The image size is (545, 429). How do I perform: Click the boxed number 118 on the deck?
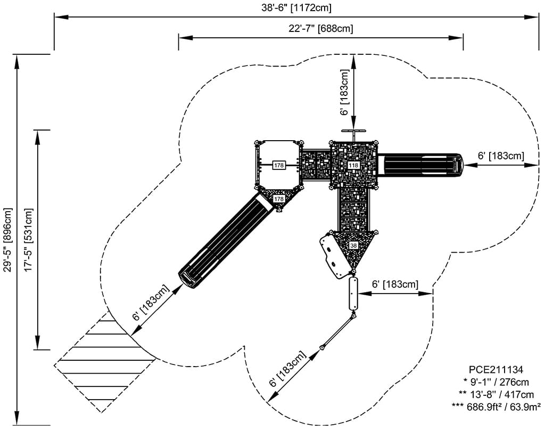(x=353, y=166)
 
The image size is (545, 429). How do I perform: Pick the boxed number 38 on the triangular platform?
(x=353, y=246)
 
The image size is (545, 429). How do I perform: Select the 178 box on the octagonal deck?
(x=279, y=165)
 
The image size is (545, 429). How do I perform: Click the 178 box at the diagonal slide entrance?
(x=279, y=199)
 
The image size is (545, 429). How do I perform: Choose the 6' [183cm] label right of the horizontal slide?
(x=500, y=156)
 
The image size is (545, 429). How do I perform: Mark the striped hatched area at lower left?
(x=104, y=361)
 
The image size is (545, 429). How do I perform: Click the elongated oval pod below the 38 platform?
(x=353, y=293)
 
